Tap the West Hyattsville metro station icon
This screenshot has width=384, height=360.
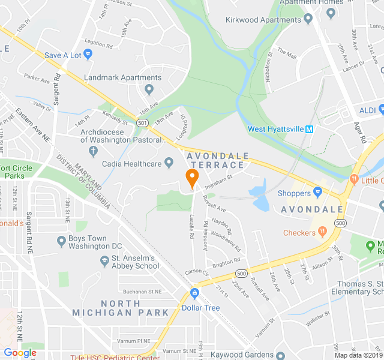tap(310, 129)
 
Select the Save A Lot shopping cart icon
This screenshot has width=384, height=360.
tap(88, 55)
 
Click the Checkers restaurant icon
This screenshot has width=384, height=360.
tap(322, 232)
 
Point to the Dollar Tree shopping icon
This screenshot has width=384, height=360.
tap(194, 294)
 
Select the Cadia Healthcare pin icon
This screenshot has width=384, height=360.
tap(169, 163)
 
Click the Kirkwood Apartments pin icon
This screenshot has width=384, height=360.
tap(308, 20)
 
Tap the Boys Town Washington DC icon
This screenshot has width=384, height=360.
tap(61, 241)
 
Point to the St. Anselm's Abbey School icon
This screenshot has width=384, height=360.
tap(103, 262)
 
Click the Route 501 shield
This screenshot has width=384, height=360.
tap(142, 122)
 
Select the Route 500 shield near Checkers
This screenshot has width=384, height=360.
tap(340, 223)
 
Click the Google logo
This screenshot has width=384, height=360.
tap(20, 353)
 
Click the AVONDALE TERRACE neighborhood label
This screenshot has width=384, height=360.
tap(216, 160)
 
